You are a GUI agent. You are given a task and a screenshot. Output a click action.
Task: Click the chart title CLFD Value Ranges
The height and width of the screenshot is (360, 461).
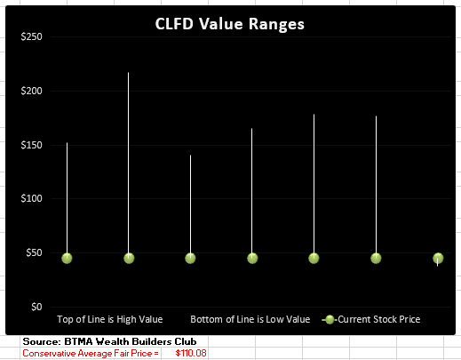click(231, 24)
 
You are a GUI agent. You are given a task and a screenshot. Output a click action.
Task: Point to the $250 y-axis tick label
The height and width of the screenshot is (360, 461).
click(31, 36)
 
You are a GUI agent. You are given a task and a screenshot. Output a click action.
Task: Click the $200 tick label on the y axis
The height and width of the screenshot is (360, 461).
click(31, 91)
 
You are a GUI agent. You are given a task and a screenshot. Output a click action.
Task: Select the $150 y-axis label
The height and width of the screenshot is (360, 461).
click(31, 145)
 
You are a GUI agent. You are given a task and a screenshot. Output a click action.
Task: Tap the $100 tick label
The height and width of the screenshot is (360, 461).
click(31, 198)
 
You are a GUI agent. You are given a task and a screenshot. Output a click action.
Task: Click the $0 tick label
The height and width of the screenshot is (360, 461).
click(36, 307)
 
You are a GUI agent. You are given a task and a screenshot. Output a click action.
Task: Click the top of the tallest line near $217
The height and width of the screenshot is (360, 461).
click(129, 73)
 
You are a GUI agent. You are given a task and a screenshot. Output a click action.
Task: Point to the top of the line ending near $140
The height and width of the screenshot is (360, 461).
click(190, 156)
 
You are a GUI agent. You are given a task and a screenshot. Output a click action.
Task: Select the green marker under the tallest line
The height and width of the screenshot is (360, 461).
click(129, 258)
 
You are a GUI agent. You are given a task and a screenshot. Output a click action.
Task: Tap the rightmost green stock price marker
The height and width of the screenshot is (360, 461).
click(438, 258)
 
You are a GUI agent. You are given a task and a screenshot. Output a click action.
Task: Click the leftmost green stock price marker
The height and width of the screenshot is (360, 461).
click(67, 258)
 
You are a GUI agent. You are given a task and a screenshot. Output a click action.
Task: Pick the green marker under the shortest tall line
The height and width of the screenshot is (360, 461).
click(190, 258)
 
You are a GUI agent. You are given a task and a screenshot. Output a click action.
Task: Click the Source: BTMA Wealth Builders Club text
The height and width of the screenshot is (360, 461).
click(115, 341)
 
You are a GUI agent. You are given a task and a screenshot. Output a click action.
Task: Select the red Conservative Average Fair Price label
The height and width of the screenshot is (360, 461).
click(90, 353)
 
